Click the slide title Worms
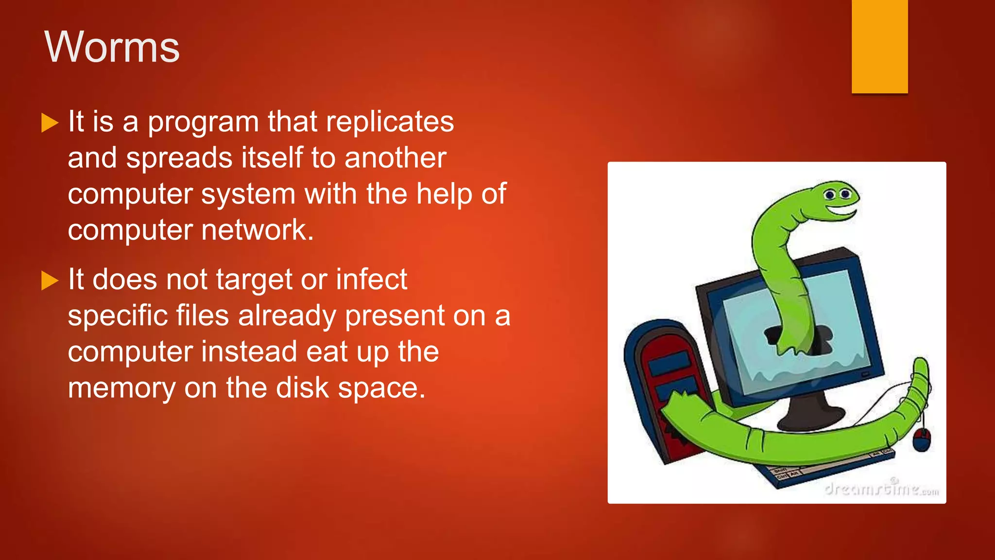112,47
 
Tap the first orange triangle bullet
50,123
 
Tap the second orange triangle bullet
50,281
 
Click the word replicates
390,122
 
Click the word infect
371,280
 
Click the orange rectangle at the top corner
879,46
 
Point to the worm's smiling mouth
841,213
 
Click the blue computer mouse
921,440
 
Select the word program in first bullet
203,122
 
